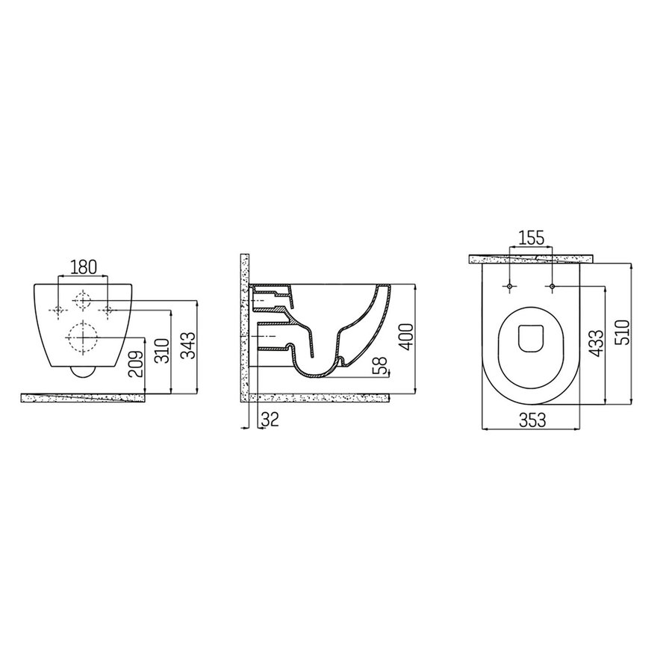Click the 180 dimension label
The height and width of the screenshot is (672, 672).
tap(83, 267)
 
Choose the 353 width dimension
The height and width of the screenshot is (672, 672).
tap(531, 420)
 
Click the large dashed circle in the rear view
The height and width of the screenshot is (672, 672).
tap(83, 337)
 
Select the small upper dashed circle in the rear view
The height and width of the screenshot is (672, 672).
tap(83, 302)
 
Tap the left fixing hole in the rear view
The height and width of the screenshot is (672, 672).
tap(59, 309)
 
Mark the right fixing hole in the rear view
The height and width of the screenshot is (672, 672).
tap(108, 309)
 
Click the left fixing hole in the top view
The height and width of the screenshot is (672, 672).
tap(508, 286)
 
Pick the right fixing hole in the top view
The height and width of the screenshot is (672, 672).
tap(552, 286)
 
